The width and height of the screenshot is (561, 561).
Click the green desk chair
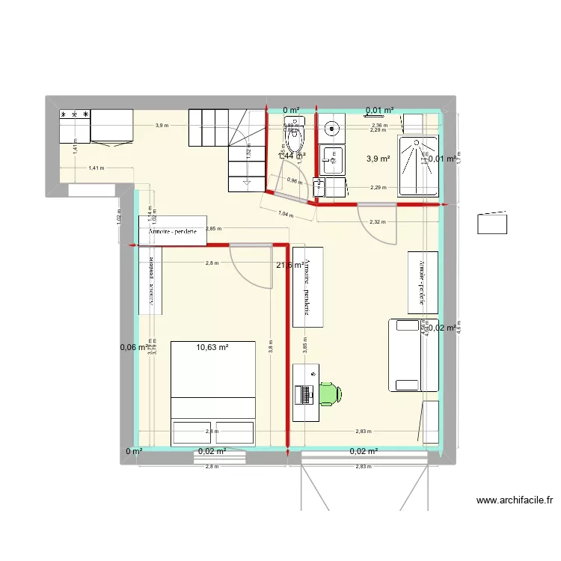(330, 393)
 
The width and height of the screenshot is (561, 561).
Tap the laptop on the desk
(304, 393)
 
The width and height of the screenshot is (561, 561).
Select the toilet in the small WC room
(294, 135)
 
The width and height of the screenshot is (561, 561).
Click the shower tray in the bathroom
(420, 166)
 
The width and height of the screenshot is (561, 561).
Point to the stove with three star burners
(75, 126)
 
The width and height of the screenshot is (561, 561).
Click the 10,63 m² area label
(212, 347)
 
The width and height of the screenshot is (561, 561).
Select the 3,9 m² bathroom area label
(378, 159)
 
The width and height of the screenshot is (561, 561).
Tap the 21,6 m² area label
(289, 265)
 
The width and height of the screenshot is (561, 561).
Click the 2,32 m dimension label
(378, 221)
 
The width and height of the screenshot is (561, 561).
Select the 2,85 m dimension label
(212, 229)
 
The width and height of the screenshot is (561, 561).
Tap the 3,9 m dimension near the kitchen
(161, 126)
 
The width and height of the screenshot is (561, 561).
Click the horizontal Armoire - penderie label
(172, 232)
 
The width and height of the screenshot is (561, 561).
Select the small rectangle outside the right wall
(492, 222)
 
